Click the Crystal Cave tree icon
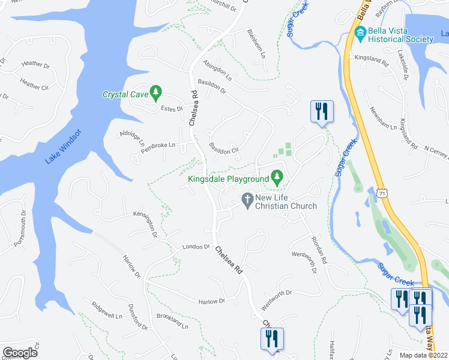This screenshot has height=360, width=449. click(x=156, y=92)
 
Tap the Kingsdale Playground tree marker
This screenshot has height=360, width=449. click(x=277, y=177)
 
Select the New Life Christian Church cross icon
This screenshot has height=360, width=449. click(x=246, y=199)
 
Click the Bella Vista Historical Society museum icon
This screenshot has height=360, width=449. click(x=360, y=32)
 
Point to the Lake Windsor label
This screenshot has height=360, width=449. click(x=62, y=146)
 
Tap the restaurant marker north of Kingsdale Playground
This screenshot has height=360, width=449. click(x=322, y=112)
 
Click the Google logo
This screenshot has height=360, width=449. click(x=20, y=353)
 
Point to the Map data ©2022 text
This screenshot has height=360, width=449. click(x=424, y=355)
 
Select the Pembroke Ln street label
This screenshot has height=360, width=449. click(x=158, y=145)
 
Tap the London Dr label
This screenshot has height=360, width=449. click(x=196, y=247)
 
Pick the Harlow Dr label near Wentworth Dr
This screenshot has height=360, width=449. click(x=212, y=301)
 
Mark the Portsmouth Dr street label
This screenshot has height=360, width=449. click(x=20, y=229)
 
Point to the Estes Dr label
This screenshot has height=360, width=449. click(x=172, y=109)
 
